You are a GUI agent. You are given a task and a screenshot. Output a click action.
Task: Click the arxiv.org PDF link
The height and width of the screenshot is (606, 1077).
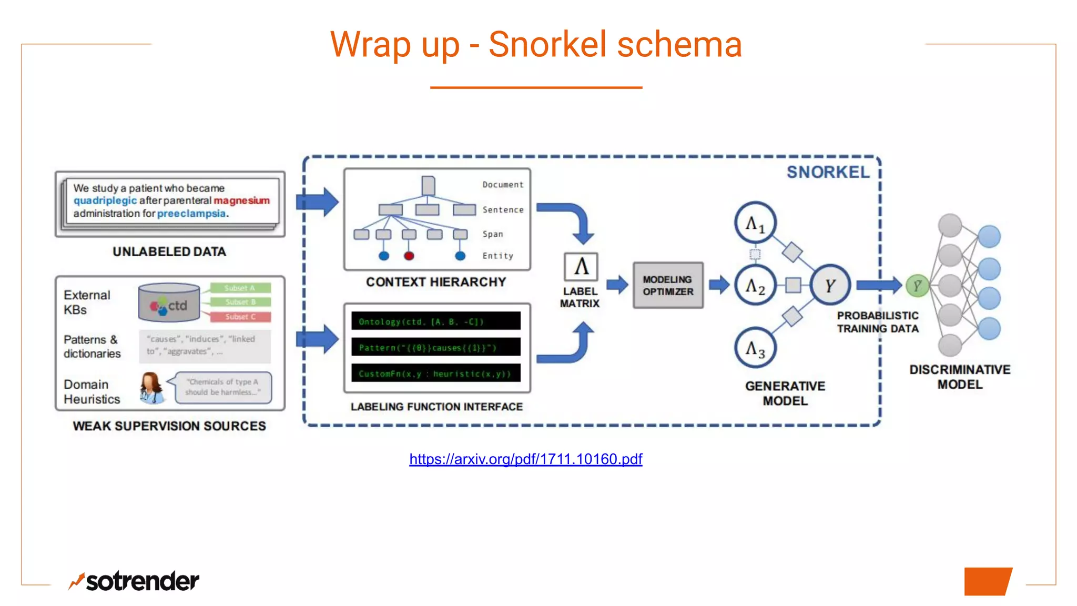tap(525, 459)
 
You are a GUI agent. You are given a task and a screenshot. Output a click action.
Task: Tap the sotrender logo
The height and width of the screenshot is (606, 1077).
tap(134, 581)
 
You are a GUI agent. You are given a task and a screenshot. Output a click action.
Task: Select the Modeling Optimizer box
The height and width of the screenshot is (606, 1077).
tap(668, 286)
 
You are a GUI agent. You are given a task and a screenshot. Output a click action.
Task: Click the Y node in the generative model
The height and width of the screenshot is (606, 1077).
tap(830, 286)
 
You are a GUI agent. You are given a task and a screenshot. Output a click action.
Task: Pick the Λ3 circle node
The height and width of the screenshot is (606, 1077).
tap(755, 348)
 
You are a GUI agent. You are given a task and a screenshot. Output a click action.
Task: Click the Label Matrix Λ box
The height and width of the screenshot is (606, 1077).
tap(581, 267)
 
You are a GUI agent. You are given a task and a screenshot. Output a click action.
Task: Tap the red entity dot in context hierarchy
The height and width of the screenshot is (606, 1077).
tap(409, 256)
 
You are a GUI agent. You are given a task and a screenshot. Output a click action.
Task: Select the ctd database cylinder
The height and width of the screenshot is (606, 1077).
tap(169, 303)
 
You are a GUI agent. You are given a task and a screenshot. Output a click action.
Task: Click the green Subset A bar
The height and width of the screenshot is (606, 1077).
tap(240, 288)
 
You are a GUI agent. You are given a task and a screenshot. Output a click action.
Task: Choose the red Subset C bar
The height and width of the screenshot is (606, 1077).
tap(240, 317)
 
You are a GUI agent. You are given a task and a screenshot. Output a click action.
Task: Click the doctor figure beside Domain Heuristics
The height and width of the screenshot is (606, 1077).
tap(151, 388)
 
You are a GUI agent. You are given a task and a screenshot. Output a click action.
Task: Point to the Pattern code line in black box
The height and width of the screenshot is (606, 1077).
tap(435, 347)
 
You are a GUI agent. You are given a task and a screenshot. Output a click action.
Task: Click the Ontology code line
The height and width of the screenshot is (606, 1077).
tap(435, 321)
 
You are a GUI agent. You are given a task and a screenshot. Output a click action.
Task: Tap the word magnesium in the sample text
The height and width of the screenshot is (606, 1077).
tap(241, 200)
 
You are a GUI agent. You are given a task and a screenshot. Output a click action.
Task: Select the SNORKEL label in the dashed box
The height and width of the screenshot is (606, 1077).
tap(828, 172)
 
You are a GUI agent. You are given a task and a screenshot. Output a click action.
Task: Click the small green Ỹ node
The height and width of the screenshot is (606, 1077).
tap(917, 286)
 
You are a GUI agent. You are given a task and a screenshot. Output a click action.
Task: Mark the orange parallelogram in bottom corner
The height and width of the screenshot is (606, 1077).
tap(988, 581)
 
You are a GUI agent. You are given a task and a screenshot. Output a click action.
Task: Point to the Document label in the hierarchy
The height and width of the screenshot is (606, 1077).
tap(503, 185)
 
